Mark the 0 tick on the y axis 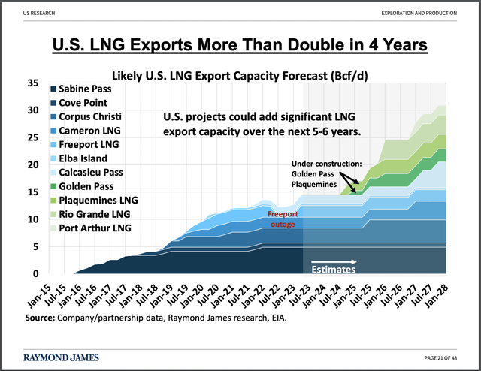[x=34, y=273]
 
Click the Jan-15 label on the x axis [x=42, y=291]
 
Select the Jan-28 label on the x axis [x=437, y=291]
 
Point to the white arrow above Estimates [x=334, y=264]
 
